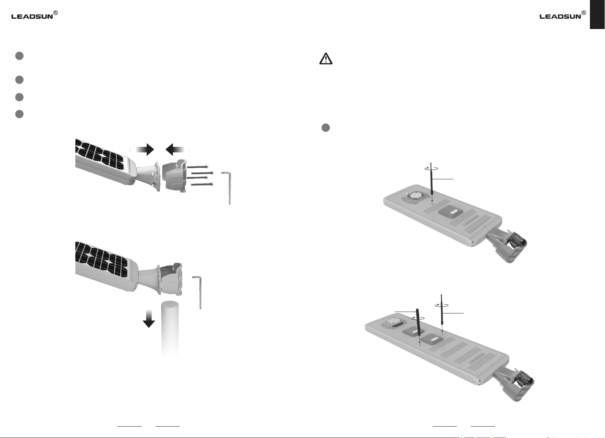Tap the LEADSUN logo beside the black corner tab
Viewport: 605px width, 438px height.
coord(563,15)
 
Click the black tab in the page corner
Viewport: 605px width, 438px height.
coord(597,14)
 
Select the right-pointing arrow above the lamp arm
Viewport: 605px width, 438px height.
coord(142,150)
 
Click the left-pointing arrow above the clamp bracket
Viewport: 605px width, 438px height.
coord(177,150)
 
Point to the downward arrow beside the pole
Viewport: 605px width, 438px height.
coord(149,319)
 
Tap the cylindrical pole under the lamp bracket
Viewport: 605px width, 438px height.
coord(170,328)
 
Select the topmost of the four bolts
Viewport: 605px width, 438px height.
coord(197,167)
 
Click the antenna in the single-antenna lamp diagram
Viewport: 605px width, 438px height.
coord(431,179)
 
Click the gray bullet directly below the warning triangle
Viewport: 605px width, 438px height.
coord(326,128)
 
